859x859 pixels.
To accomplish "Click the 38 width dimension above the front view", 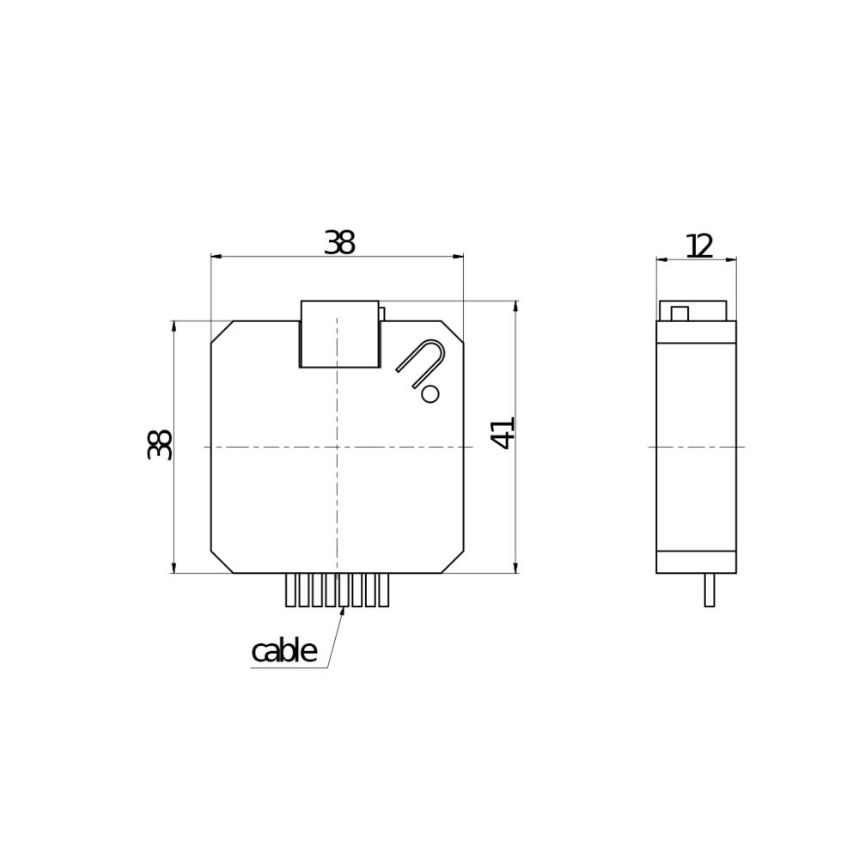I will click(x=339, y=243).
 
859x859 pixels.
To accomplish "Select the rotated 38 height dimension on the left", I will click(x=160, y=444).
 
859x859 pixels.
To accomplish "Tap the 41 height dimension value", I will click(x=503, y=432).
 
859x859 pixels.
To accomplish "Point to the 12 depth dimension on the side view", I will click(x=699, y=246).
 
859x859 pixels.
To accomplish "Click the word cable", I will click(x=283, y=652).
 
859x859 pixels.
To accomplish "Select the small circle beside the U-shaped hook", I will click(x=430, y=393).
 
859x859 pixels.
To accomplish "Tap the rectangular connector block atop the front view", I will click(x=339, y=334).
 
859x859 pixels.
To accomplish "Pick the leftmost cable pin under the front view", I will click(x=290, y=590).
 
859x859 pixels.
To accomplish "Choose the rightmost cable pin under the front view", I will click(x=383, y=590).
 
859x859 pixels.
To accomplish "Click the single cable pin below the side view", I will click(x=710, y=590).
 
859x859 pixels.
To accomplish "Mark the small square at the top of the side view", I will click(x=679, y=314).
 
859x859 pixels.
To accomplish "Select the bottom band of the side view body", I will click(x=696, y=562).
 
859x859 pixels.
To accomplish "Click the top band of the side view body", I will click(x=696, y=332).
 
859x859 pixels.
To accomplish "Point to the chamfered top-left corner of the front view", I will click(x=222, y=332).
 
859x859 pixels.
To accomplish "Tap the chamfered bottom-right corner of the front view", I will click(x=453, y=562).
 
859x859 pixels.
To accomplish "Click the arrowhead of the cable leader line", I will click(x=343, y=610).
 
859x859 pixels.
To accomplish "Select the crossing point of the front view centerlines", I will click(x=337, y=447).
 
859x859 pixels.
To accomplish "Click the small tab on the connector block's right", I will click(x=381, y=314).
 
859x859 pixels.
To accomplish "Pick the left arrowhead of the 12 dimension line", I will click(x=661, y=259).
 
